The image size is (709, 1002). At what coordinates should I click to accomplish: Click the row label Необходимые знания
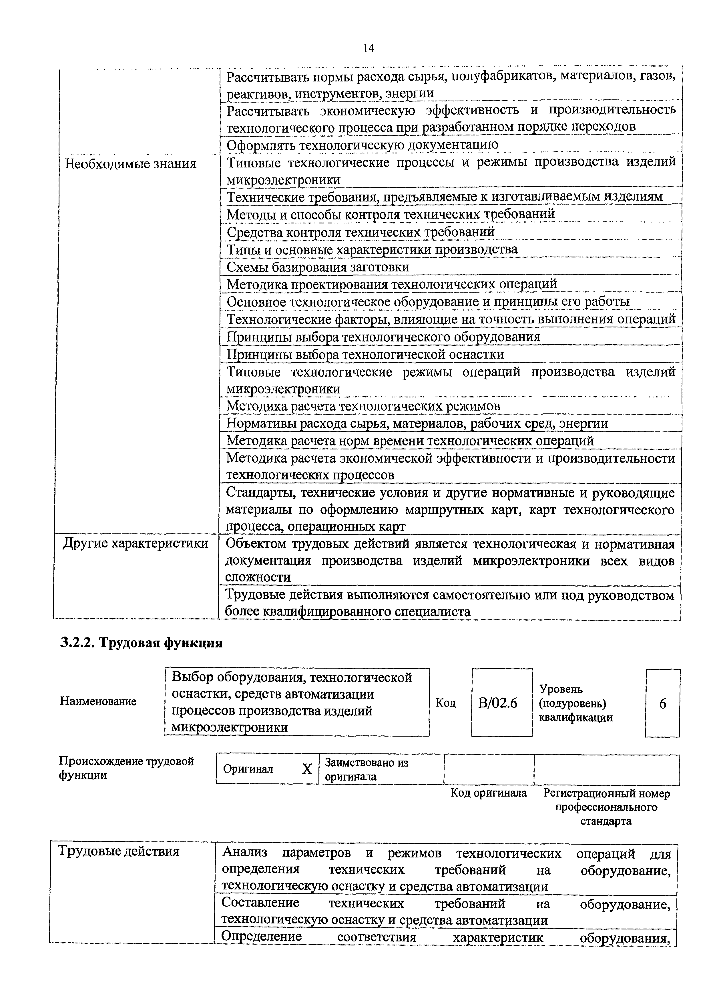(x=131, y=164)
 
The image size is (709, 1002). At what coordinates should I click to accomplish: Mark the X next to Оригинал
(x=307, y=769)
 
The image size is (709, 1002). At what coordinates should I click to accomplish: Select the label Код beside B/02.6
(x=445, y=703)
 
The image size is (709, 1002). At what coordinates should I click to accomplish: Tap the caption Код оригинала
(x=489, y=793)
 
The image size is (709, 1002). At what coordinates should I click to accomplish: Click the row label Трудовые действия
(x=119, y=851)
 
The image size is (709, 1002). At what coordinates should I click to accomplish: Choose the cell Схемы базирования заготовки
(x=318, y=267)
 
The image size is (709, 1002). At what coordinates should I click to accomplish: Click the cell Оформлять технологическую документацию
(x=362, y=145)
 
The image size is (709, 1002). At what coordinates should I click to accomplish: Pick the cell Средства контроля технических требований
(x=361, y=232)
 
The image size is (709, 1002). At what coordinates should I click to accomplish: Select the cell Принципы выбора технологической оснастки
(x=365, y=354)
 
